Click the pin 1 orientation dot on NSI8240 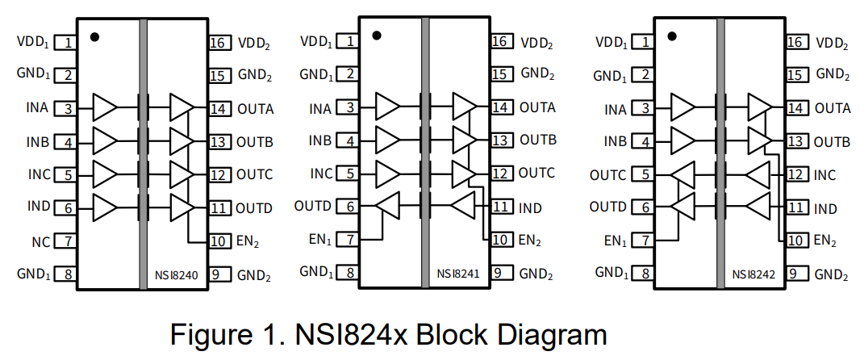pos(95,36)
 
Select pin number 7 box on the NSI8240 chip pos(68,241)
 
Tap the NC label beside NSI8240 pos(41,241)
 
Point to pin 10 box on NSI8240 pos(219,241)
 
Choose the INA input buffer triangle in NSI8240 pos(105,107)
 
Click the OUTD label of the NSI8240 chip pos(254,207)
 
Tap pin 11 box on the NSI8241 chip pos(501,207)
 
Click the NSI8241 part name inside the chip pos(459,274)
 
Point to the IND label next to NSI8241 pos(530,208)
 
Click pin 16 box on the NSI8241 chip pos(501,41)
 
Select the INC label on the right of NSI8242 pos(825,174)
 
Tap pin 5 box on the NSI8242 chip pos(645,174)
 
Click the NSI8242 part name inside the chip pos(754,275)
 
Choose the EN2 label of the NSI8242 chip pos(825,240)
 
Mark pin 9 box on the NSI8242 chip pos(796,274)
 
